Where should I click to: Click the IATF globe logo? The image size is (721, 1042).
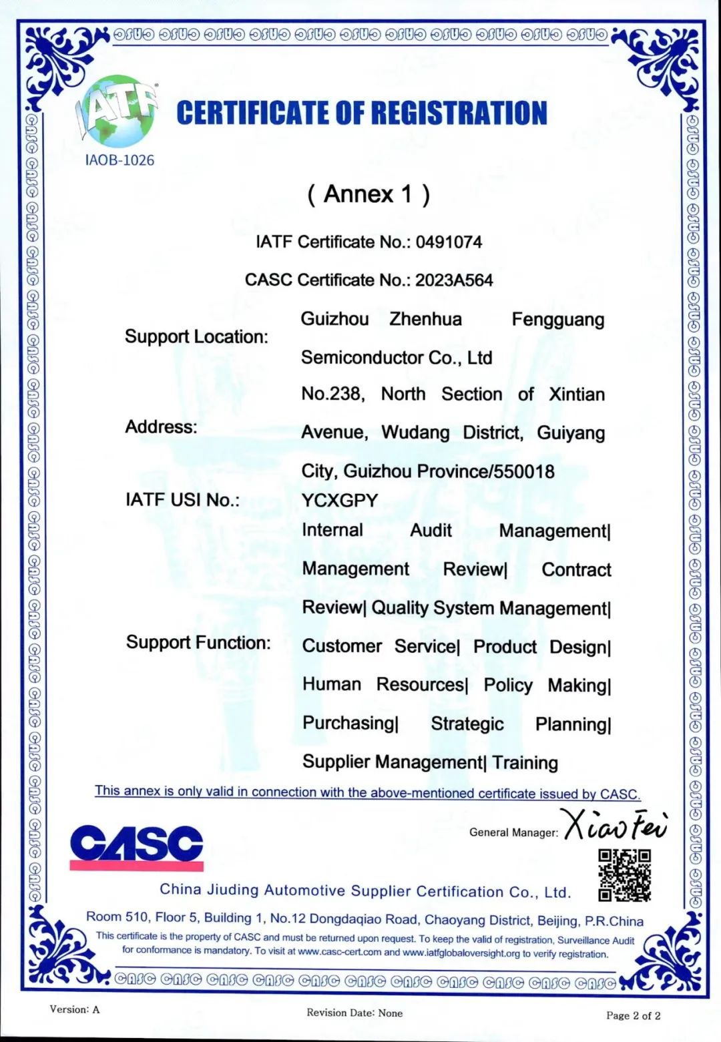click(x=118, y=111)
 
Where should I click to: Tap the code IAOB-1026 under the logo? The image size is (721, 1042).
click(x=119, y=160)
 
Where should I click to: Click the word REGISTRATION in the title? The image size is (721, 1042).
click(x=459, y=113)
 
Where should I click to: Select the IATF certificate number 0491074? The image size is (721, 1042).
click(x=449, y=242)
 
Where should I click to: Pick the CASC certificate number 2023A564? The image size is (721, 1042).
click(x=454, y=280)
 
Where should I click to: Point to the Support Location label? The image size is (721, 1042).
click(x=196, y=336)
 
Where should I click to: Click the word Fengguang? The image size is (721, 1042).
click(x=557, y=320)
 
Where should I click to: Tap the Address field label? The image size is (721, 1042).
click(x=161, y=427)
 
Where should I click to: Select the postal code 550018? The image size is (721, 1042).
click(x=523, y=471)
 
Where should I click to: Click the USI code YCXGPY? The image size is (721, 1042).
click(x=339, y=500)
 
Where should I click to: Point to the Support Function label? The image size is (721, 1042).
click(x=198, y=642)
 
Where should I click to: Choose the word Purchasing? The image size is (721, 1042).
click(x=349, y=723)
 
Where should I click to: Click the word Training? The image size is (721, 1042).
click(x=525, y=762)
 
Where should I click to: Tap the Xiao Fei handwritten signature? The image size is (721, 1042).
click(x=614, y=825)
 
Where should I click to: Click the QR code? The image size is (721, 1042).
click(x=624, y=875)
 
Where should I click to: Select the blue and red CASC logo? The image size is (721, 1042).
click(x=136, y=847)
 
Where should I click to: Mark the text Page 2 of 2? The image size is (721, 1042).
click(x=633, y=1015)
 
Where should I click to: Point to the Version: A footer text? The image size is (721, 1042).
click(x=74, y=1009)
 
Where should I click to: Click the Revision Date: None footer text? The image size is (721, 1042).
click(x=354, y=1013)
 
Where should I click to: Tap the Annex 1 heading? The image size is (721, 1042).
click(x=369, y=194)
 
